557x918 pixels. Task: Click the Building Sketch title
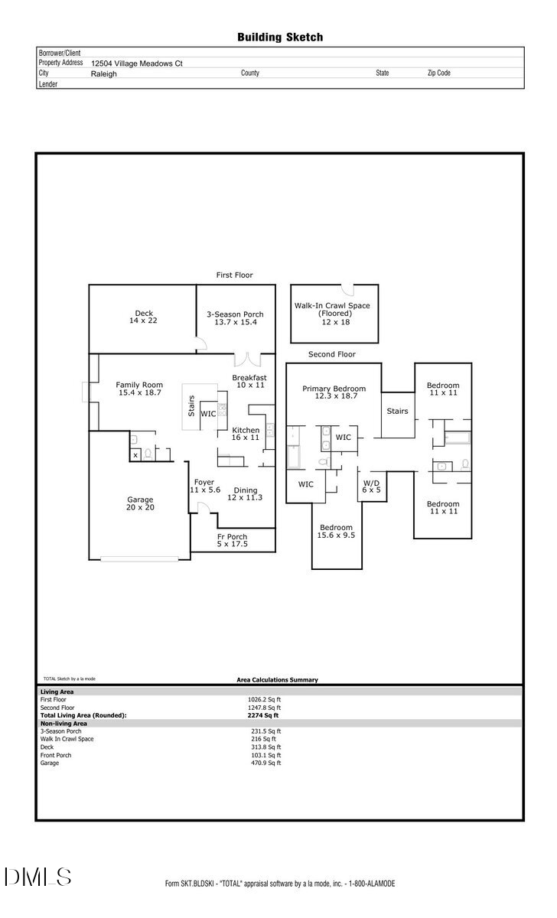(x=279, y=37)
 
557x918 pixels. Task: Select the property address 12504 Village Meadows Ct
(x=137, y=64)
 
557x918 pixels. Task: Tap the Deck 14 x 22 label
(x=144, y=317)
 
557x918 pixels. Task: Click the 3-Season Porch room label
(x=235, y=318)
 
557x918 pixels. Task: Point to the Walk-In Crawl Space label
(x=332, y=314)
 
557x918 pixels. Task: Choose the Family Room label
(x=139, y=388)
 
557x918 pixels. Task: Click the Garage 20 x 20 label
(x=140, y=503)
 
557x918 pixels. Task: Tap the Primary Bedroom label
(x=334, y=392)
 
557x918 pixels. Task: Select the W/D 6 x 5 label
(x=371, y=486)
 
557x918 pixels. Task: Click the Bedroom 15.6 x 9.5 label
(x=336, y=532)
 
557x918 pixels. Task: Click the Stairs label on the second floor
(x=397, y=411)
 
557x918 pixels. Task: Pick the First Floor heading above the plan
(x=234, y=275)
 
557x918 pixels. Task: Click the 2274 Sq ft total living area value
(x=263, y=715)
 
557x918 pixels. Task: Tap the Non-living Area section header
(x=64, y=723)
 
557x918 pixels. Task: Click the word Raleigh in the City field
(x=104, y=74)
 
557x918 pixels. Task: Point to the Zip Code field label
(x=438, y=73)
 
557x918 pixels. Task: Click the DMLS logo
(x=38, y=877)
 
